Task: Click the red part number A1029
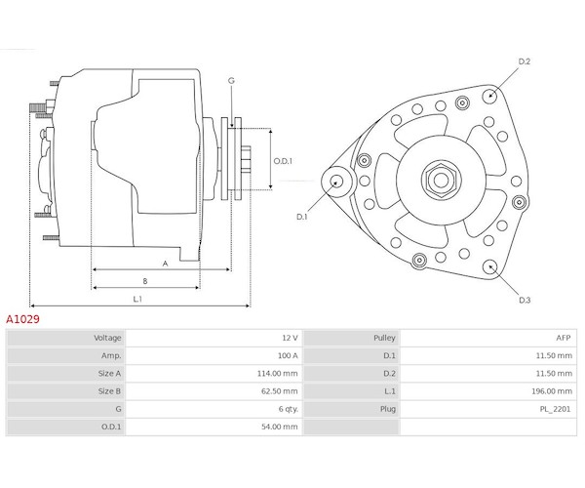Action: (x=22, y=319)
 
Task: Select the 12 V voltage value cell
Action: (x=290, y=338)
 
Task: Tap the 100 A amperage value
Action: (x=288, y=355)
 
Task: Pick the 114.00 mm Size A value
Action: (x=278, y=374)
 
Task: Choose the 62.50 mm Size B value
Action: (x=280, y=391)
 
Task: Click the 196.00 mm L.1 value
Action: (x=552, y=391)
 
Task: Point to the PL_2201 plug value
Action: (x=555, y=409)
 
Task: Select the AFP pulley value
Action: (x=564, y=338)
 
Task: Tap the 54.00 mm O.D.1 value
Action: (x=280, y=427)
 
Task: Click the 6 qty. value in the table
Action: (x=289, y=409)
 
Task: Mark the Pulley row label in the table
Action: (x=384, y=338)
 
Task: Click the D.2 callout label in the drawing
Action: (x=525, y=61)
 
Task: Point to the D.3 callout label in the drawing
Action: (x=525, y=300)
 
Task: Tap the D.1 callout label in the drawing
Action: (x=302, y=217)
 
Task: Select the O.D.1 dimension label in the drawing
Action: (x=283, y=161)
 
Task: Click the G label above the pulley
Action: (x=231, y=80)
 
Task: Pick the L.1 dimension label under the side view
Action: (x=137, y=299)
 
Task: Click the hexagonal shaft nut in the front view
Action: (x=442, y=181)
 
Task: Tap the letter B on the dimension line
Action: (x=145, y=281)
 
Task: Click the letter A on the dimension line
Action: (x=166, y=264)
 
